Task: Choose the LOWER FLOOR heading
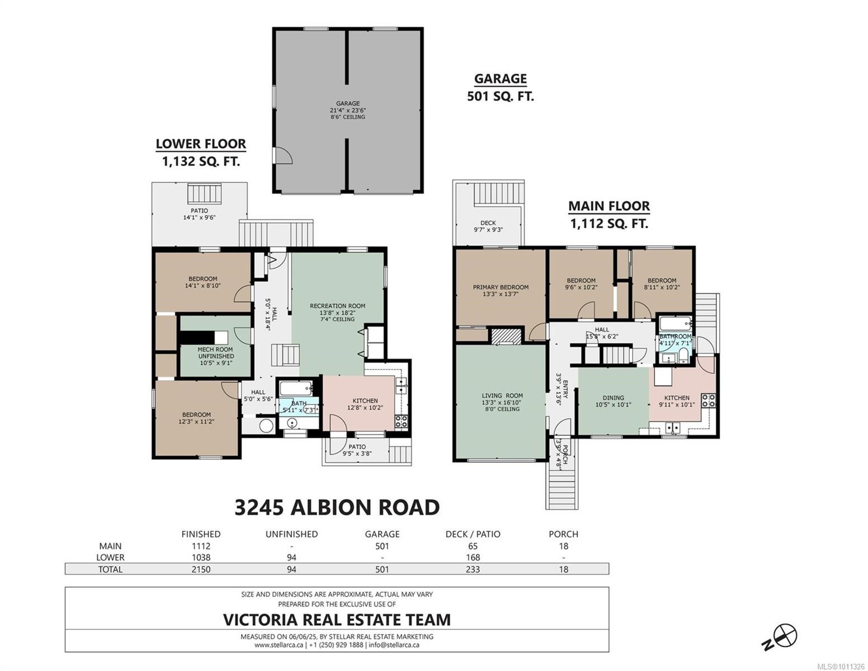(x=201, y=144)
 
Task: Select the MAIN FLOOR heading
(x=609, y=206)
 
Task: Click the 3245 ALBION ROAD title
(x=337, y=507)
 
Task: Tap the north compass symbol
(x=785, y=635)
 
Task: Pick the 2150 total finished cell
(x=201, y=569)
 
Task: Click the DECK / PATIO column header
(x=473, y=534)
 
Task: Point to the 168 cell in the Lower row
(x=473, y=557)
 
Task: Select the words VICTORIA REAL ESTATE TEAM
(x=337, y=620)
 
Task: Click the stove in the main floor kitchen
(x=708, y=400)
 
